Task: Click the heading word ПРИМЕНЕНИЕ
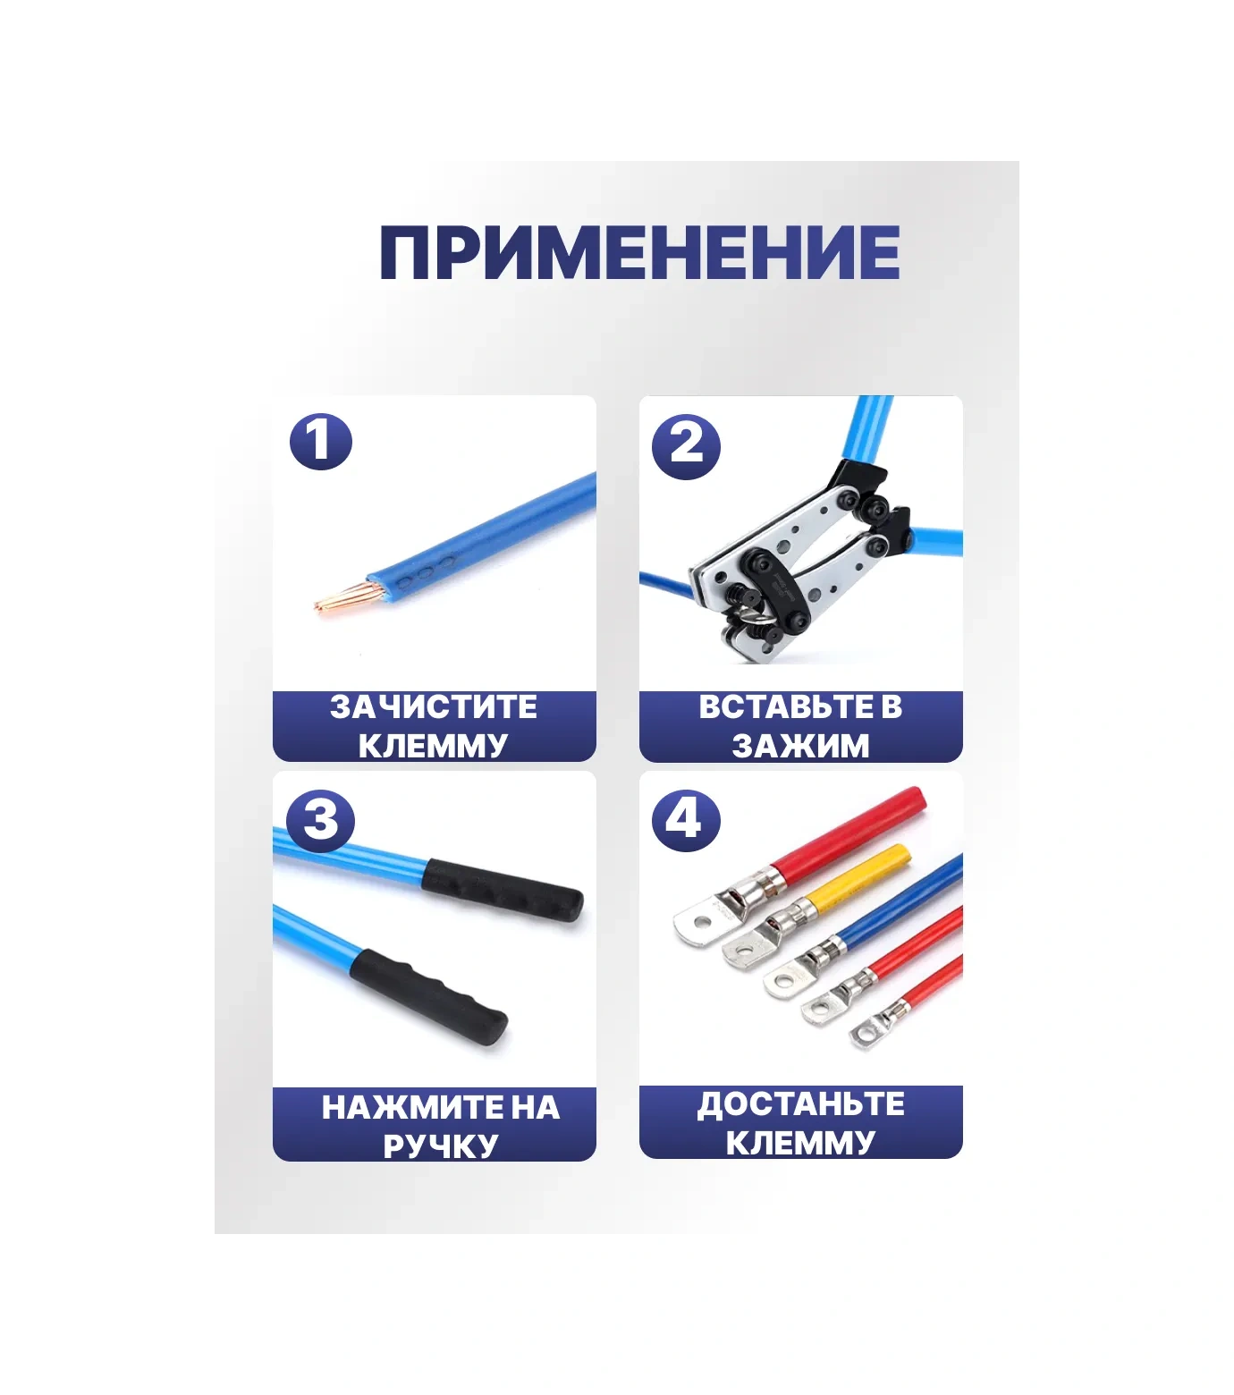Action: click(639, 252)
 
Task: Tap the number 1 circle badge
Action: click(321, 442)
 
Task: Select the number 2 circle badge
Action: click(686, 445)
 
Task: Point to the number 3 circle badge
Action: click(321, 820)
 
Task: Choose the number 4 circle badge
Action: click(686, 819)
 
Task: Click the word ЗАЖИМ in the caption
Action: click(800, 745)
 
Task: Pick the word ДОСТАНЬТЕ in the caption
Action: click(800, 1103)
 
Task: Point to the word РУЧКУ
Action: click(440, 1146)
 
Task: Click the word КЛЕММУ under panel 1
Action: click(434, 745)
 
